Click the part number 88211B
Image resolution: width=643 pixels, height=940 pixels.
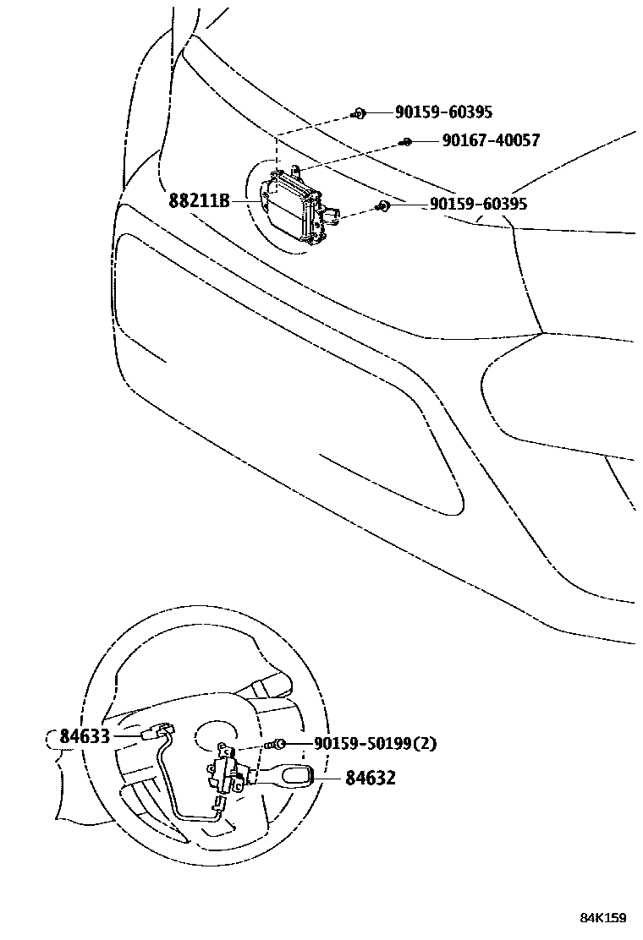tap(199, 200)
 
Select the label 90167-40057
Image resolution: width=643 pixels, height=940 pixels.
tap(491, 140)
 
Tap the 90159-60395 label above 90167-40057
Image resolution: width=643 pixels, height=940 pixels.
tap(443, 112)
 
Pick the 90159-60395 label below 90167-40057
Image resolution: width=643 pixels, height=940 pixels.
tap(478, 204)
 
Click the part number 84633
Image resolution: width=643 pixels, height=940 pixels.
tap(85, 736)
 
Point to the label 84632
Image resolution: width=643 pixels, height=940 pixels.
tap(370, 778)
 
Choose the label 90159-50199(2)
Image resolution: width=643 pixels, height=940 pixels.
tap(375, 744)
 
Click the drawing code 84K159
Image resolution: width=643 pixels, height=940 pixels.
tap(602, 918)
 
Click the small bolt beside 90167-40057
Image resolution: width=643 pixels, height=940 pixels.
tap(407, 141)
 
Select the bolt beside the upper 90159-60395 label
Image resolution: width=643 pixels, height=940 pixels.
tap(359, 112)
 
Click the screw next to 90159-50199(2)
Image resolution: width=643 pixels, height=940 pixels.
tap(276, 744)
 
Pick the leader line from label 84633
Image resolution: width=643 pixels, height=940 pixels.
tap(127, 736)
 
